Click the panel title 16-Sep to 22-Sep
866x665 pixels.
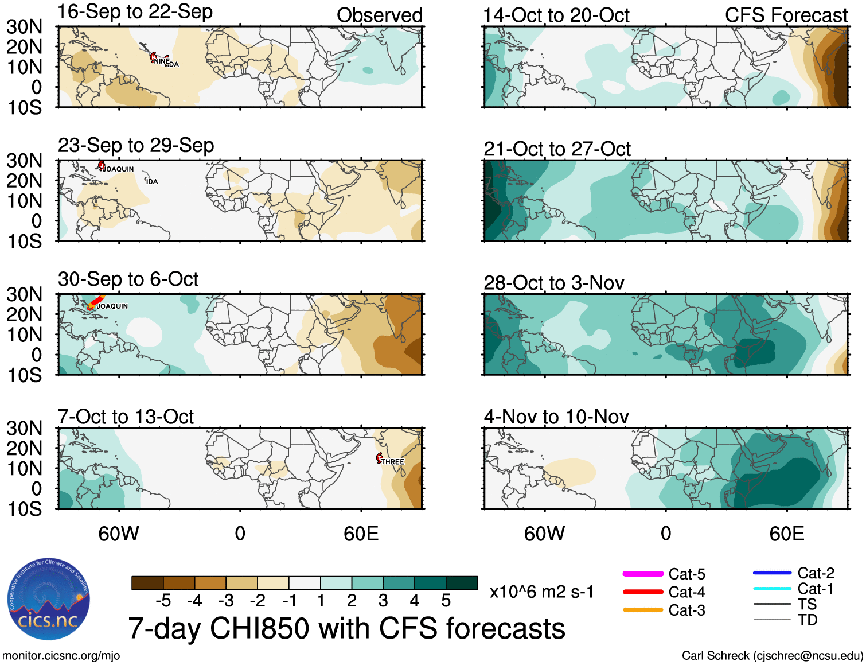[x=135, y=12]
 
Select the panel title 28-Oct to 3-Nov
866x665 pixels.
[x=553, y=283]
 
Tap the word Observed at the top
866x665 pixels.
[x=379, y=15]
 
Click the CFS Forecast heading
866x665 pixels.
[x=786, y=15]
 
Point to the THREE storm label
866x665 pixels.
[x=393, y=462]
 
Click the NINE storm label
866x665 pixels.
[x=161, y=61]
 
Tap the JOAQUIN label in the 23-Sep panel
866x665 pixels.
[x=119, y=169]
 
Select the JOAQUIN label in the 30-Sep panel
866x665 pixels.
[x=112, y=306]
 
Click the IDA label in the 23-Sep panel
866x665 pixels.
[x=152, y=182]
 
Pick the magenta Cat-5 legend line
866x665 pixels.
[x=643, y=574]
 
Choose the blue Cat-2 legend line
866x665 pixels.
[x=772, y=573]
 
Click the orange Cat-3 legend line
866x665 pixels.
[x=643, y=610]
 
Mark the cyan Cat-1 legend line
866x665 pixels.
[x=772, y=588]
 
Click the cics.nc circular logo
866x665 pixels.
[x=49, y=600]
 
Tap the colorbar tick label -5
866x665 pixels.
[x=163, y=601]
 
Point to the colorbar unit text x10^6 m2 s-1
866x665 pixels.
[x=541, y=592]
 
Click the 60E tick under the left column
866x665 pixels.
[x=361, y=534]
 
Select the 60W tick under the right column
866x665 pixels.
[x=544, y=534]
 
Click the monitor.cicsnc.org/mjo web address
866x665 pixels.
[x=61, y=655]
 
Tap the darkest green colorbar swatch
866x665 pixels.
[x=462, y=583]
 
